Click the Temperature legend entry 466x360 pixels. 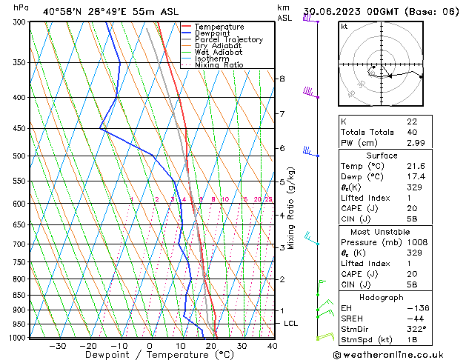[x=219, y=27]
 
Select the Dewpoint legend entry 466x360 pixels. [x=213, y=33]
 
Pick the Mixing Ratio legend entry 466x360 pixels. [x=219, y=65]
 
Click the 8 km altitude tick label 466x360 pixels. [x=282, y=79]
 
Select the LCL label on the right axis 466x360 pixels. [x=291, y=324]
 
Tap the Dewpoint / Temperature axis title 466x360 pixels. [x=149, y=356]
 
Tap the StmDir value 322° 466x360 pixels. [x=416, y=329]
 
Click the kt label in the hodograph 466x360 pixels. [x=344, y=26]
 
